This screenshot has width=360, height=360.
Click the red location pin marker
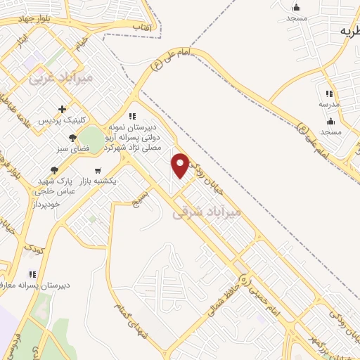pos(181,165)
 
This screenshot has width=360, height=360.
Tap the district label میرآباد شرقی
pos(207,211)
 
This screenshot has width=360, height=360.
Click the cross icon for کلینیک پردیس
pos(63,109)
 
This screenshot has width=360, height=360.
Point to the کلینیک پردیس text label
pos(63,121)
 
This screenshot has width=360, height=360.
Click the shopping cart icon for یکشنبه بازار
pos(97,170)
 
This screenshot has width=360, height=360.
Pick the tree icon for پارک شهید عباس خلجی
pos(54,170)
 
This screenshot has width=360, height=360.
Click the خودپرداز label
pos(47,203)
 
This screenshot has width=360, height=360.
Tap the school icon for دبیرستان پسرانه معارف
pos(31,274)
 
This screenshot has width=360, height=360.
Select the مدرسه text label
pos(328,103)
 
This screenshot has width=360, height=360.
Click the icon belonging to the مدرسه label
pos(328,93)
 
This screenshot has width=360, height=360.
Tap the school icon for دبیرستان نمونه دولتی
pos(131,117)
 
